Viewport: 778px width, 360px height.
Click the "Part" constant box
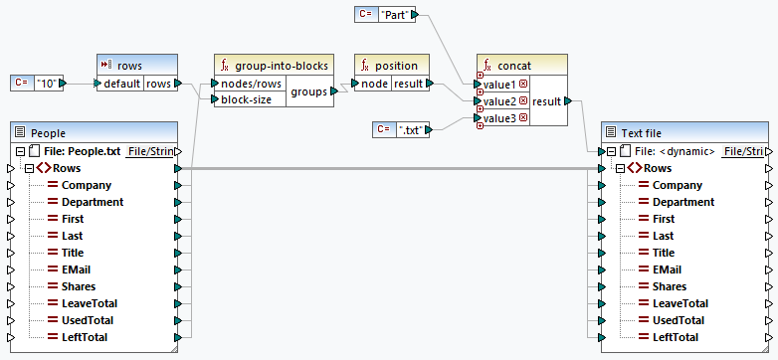tap(395, 14)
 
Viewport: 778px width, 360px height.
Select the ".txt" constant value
tap(410, 130)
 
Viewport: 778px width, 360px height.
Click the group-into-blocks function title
tap(282, 66)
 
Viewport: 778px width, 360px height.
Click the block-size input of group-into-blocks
tap(246, 99)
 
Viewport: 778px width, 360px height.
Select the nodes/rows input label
tap(251, 84)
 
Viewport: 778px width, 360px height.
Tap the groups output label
tap(308, 91)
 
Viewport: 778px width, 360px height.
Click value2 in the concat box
tap(499, 101)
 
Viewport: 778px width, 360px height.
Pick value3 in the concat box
tap(499, 118)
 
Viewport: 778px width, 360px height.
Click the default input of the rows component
tap(121, 84)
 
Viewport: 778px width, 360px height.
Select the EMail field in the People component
tap(76, 270)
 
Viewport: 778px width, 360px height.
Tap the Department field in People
tap(93, 202)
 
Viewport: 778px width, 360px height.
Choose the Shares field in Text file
tap(670, 286)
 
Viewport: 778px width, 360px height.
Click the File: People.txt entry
tap(82, 151)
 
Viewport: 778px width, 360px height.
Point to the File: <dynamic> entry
tap(675, 151)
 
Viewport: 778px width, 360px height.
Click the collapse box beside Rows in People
tap(29, 169)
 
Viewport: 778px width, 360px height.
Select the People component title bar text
tap(48, 133)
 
